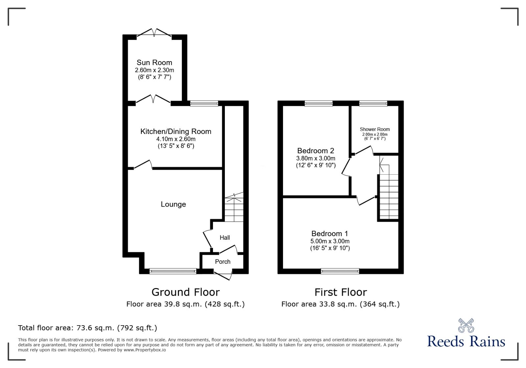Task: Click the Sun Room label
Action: [154, 62]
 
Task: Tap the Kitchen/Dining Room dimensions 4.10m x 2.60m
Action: [176, 139]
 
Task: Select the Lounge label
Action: [173, 204]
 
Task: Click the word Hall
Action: [225, 237]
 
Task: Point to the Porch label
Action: [223, 262]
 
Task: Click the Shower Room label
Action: [375, 129]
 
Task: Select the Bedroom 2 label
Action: [316, 151]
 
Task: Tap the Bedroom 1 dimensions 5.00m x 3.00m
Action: [330, 241]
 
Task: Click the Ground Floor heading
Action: [185, 292]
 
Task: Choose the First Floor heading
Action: [341, 292]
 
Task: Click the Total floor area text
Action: [87, 328]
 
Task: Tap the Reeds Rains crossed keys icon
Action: [466, 326]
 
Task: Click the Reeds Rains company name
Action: [466, 341]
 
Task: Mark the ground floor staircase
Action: [234, 209]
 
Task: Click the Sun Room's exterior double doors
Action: [154, 33]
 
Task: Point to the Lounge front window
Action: [173, 271]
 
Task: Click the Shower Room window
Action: [373, 103]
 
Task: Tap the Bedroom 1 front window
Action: [340, 271]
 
